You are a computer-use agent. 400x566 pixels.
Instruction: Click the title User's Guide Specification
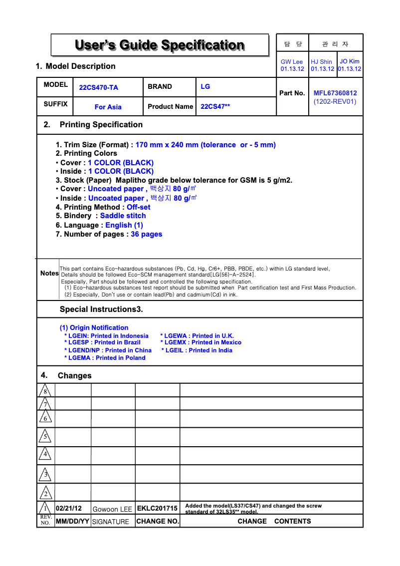pyautogui.click(x=160, y=45)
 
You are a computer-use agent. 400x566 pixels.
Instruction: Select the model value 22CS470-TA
pyautogui.click(x=99, y=87)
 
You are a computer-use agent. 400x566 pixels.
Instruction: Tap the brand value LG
pyautogui.click(x=205, y=86)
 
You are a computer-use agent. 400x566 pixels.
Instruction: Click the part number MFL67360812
pyautogui.click(x=335, y=93)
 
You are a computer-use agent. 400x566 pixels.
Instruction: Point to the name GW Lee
pyautogui.click(x=292, y=62)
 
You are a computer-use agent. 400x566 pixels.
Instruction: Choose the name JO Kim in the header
pyautogui.click(x=350, y=61)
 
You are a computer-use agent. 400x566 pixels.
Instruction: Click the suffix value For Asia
pyautogui.click(x=108, y=107)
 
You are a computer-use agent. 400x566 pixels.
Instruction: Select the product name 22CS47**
pyautogui.click(x=215, y=106)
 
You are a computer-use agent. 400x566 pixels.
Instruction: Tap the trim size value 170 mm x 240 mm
pyautogui.click(x=167, y=145)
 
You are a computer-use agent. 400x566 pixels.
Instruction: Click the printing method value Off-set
pyautogui.click(x=138, y=207)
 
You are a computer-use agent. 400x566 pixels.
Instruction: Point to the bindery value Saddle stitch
pyautogui.click(x=123, y=216)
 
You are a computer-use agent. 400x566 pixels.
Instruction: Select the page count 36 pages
pyautogui.click(x=146, y=234)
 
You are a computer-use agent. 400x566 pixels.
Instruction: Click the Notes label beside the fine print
pyautogui.click(x=49, y=274)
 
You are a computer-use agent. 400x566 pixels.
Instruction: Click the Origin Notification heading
pyautogui.click(x=94, y=327)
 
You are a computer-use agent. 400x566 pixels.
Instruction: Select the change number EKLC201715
pyautogui.click(x=157, y=509)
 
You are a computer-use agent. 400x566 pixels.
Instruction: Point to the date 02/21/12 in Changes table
pyautogui.click(x=69, y=509)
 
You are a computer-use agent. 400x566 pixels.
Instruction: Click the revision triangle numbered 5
pyautogui.click(x=45, y=436)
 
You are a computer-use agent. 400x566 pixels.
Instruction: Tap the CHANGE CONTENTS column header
pyautogui.click(x=274, y=521)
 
